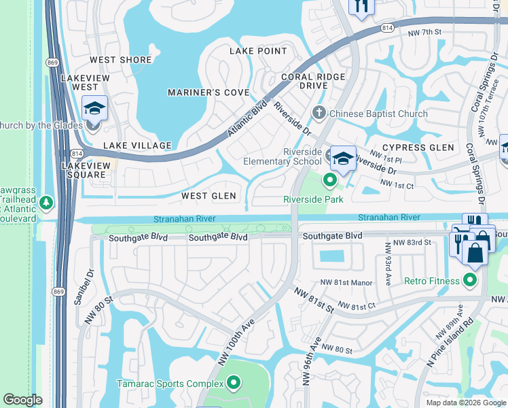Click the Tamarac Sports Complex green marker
234,384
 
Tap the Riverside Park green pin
330,180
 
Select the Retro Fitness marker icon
469,280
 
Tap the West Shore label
121,60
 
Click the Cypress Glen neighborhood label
418,148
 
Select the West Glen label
208,196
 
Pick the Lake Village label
137,146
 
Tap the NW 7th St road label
424,32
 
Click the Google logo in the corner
22,400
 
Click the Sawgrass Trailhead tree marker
46,203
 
